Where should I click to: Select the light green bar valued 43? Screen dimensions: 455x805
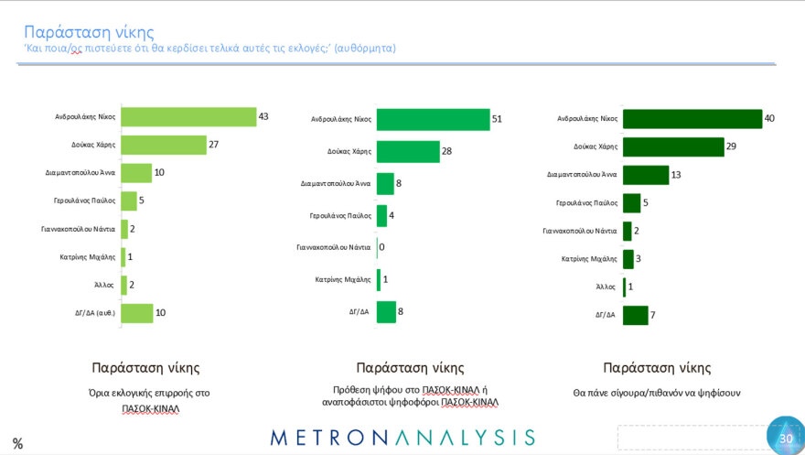[188, 117]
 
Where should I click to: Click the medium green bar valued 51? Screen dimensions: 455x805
[433, 119]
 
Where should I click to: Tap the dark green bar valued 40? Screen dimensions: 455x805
[692, 119]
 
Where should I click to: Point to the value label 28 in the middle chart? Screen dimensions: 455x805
[447, 151]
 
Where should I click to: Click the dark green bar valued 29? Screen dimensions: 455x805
[672, 146]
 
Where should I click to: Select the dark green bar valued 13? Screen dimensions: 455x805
[646, 175]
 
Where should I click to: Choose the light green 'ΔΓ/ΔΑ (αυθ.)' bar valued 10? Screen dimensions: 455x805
[136, 313]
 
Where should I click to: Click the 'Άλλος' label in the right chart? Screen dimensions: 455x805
[606, 287]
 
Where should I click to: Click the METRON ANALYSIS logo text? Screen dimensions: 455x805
[402, 437]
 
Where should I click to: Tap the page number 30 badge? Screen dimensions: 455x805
[784, 438]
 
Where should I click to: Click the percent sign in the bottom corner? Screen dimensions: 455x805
[17, 444]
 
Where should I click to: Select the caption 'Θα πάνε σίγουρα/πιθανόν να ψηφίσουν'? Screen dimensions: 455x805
[657, 392]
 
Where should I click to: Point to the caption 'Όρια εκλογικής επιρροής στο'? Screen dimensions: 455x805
[145, 392]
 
